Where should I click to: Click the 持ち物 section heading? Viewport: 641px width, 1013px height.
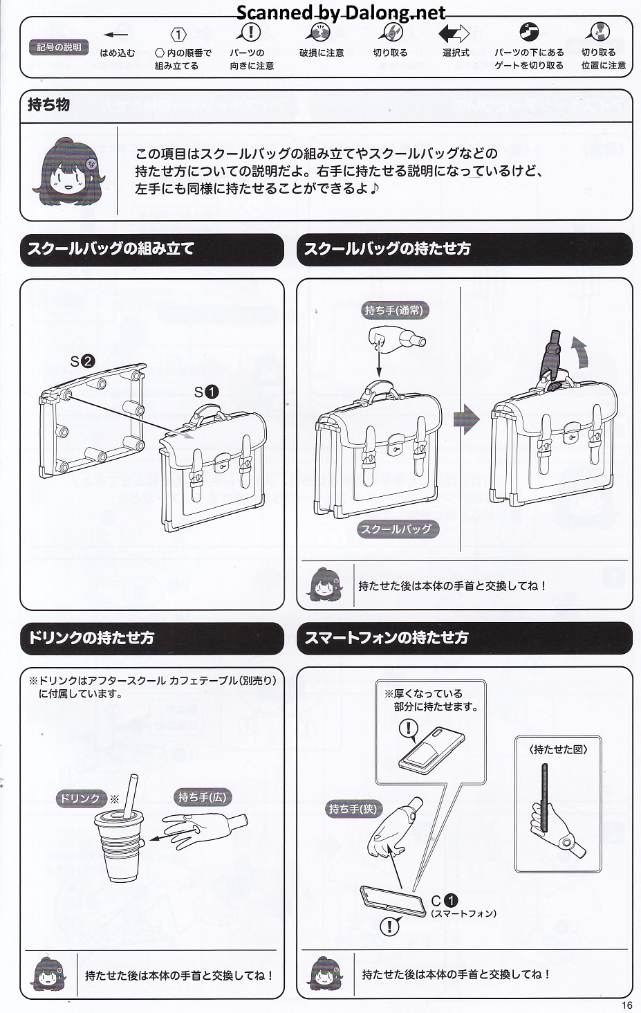click(49, 105)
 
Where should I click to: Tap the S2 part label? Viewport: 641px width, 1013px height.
click(82, 361)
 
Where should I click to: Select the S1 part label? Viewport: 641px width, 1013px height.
click(206, 392)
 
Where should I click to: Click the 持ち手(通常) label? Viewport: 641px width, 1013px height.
click(393, 310)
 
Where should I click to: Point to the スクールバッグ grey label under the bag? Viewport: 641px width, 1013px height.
click(397, 529)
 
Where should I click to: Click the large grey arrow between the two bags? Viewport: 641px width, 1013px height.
click(466, 419)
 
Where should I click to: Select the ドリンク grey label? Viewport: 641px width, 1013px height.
click(80, 798)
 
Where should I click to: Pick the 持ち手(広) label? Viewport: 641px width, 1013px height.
click(202, 797)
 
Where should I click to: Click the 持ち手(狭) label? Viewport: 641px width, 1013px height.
click(353, 808)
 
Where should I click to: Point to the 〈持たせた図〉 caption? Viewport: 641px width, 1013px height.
click(558, 749)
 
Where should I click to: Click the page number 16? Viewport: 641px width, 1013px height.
click(626, 1005)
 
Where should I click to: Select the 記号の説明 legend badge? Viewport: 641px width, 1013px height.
click(59, 47)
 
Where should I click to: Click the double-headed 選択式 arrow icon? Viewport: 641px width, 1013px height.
click(454, 33)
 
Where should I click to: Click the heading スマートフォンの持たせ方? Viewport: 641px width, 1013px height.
click(387, 637)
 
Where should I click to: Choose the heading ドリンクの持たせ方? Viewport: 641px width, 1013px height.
click(91, 637)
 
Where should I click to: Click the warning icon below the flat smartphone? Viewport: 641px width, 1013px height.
click(389, 926)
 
